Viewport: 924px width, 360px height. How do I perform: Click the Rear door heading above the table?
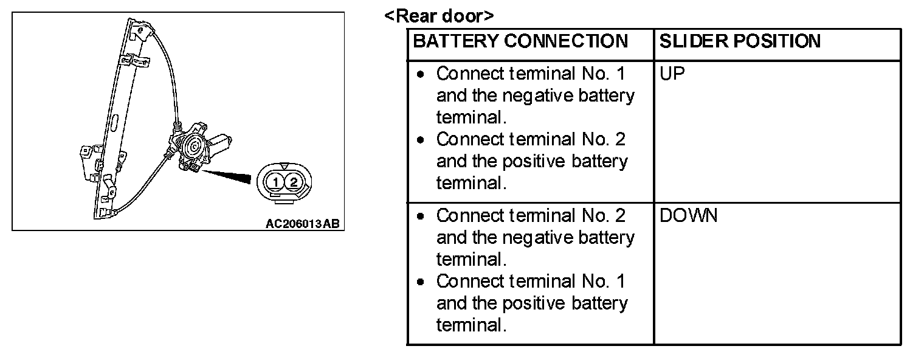[439, 16]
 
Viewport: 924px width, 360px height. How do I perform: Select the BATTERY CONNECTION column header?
[520, 41]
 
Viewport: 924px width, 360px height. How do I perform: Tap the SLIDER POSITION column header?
[740, 41]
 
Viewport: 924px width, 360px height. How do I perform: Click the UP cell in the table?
[672, 74]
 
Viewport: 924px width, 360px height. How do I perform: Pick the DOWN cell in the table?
[688, 216]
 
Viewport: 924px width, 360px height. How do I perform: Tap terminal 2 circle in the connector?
[294, 181]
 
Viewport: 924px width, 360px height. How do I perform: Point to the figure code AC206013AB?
[302, 223]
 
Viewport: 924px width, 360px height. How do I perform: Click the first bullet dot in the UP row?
[421, 75]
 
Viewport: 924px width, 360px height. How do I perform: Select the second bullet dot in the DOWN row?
[421, 282]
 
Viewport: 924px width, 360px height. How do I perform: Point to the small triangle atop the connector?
[284, 165]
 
